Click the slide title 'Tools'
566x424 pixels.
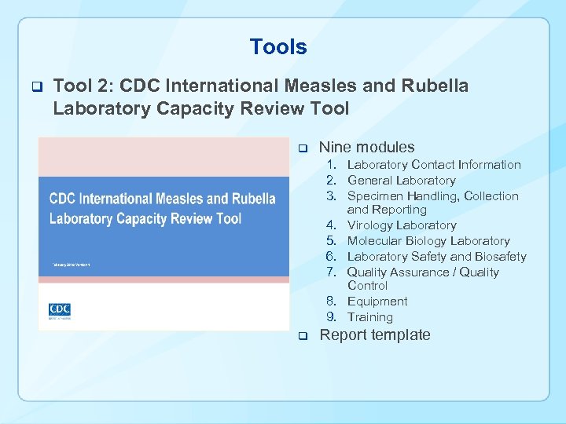click(278, 47)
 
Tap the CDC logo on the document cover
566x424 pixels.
click(60, 310)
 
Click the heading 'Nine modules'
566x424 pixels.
click(366, 147)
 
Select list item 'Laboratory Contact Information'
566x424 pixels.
click(434, 165)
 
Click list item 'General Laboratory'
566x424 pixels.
click(401, 181)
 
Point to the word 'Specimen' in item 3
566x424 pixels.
click(375, 196)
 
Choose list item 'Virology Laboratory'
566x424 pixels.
click(402, 225)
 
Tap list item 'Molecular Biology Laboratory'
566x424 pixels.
click(428, 241)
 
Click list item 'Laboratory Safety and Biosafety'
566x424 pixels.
click(436, 257)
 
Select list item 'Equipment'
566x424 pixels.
click(377, 302)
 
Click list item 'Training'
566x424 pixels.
click(369, 317)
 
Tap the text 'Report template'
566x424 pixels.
click(374, 335)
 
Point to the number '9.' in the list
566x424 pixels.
click(333, 317)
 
